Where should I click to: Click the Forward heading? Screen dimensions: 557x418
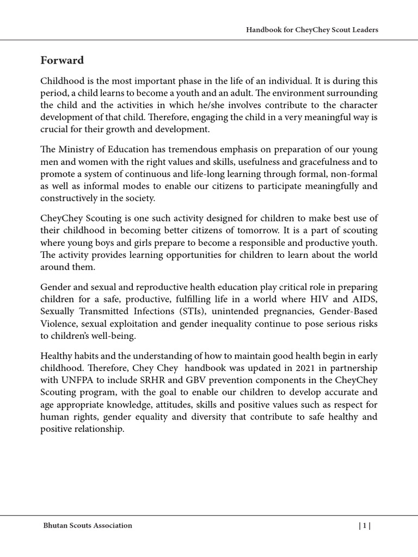(x=62, y=60)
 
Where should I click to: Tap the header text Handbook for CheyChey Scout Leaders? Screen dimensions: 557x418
(x=312, y=30)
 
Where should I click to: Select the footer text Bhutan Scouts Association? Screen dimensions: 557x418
(x=88, y=525)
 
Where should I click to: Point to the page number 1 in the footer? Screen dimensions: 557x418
(x=364, y=525)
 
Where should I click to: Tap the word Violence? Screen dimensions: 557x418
(x=58, y=323)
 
